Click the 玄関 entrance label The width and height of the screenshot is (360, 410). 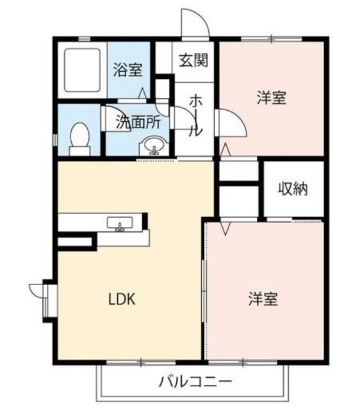[194, 61]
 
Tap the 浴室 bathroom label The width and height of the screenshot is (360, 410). [127, 69]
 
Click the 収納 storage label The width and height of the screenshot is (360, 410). [293, 189]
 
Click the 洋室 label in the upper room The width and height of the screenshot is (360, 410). [271, 98]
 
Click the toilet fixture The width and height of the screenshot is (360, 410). [79, 138]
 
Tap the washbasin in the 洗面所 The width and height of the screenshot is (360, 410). [154, 147]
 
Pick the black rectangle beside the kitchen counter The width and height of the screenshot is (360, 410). [76, 241]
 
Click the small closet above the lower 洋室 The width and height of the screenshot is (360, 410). [238, 201]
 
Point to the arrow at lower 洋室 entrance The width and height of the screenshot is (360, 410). [225, 227]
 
